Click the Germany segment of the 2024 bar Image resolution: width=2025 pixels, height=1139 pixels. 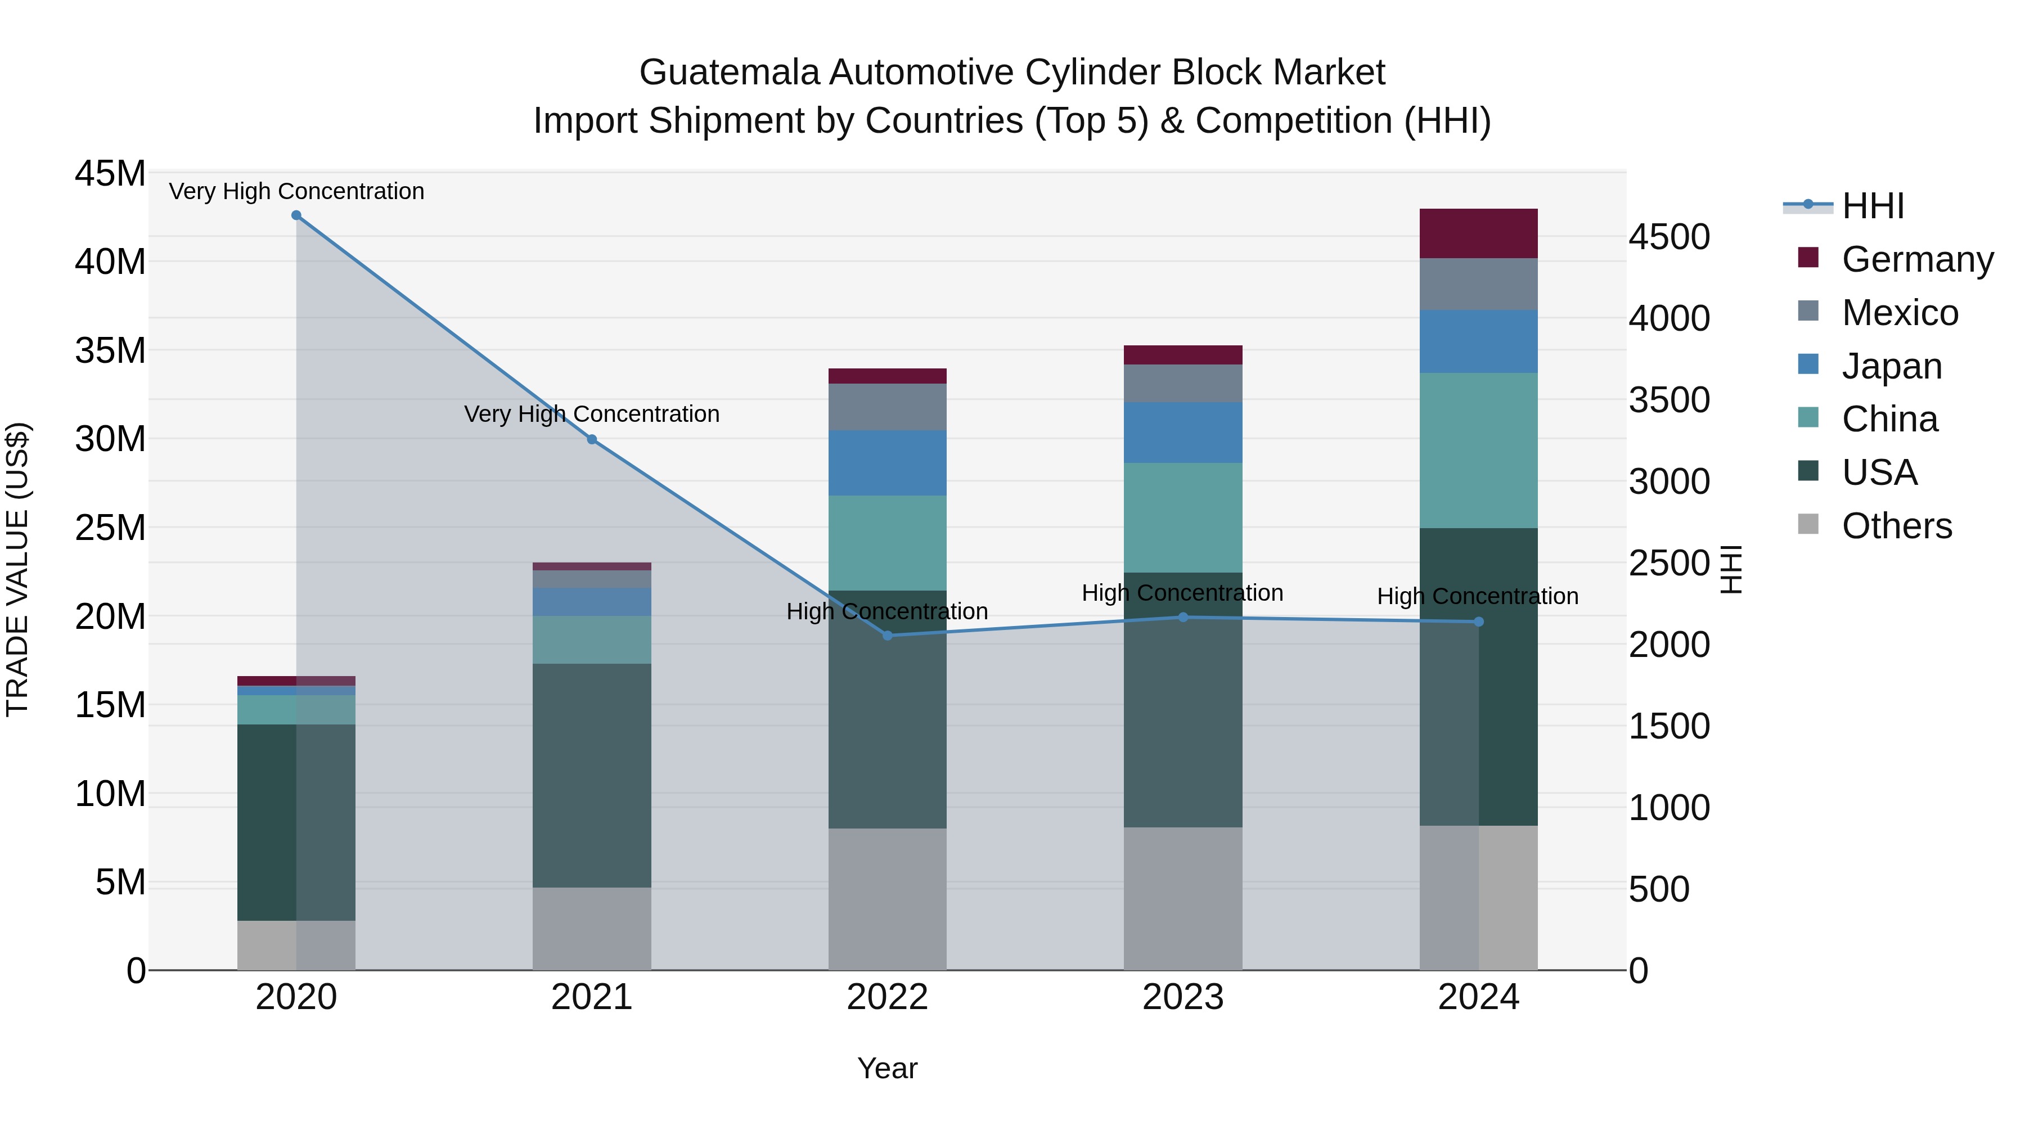click(1478, 233)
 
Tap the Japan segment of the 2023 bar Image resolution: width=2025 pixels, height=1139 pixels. click(1182, 433)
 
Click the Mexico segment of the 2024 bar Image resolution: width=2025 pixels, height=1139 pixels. click(1478, 284)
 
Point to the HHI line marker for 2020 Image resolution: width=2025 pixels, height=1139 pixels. click(296, 215)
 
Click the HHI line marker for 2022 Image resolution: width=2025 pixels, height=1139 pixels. click(888, 635)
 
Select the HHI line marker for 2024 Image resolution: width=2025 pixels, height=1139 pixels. click(1478, 622)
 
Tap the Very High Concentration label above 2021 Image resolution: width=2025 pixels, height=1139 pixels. click(591, 413)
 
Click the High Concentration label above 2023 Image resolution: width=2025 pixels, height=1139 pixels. click(1182, 593)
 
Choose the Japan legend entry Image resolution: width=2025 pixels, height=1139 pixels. click(1891, 366)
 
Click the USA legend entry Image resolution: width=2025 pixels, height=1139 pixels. click(1879, 472)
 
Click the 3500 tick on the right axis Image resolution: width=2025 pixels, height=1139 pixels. click(1668, 399)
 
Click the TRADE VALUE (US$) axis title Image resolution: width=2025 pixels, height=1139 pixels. click(17, 569)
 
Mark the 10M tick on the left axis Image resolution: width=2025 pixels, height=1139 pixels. click(110, 794)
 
